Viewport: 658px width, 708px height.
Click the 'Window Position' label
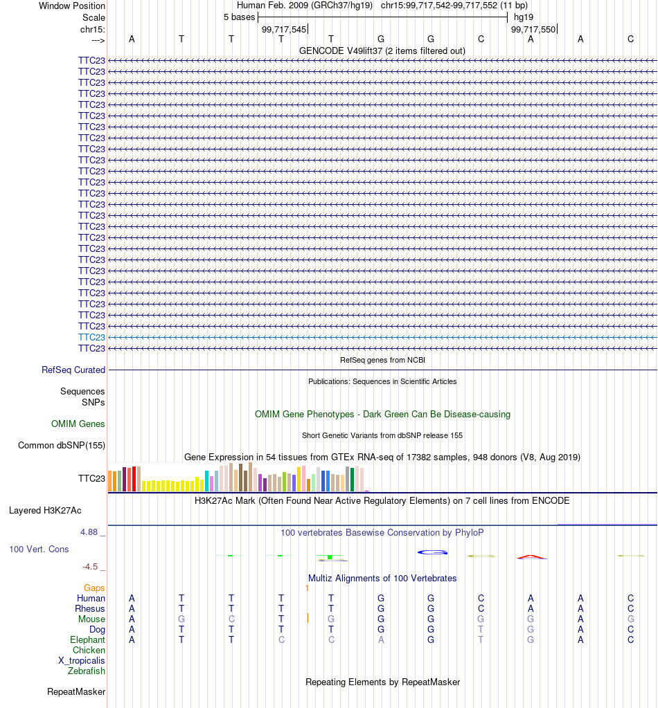click(x=72, y=6)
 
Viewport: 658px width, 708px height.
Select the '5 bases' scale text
click(x=239, y=17)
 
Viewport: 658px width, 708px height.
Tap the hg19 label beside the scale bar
click(x=524, y=17)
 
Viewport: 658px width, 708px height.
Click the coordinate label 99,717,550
click(x=533, y=29)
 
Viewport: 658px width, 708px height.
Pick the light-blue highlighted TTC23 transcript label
click(x=91, y=337)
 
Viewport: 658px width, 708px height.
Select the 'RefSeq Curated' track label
click(x=73, y=370)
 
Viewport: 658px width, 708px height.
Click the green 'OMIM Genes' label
click(x=78, y=424)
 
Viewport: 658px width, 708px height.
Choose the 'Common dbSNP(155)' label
click(x=62, y=445)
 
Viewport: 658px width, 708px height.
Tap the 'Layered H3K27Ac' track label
click(x=45, y=510)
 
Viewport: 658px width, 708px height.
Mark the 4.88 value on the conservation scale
click(x=89, y=532)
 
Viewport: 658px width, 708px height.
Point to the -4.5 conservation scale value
click(x=90, y=567)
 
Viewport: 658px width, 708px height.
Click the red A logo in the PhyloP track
click(x=531, y=556)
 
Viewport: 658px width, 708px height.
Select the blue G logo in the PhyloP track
click(x=432, y=552)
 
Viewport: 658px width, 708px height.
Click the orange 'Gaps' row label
click(x=94, y=588)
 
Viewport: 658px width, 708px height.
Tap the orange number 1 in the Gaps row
click(x=307, y=588)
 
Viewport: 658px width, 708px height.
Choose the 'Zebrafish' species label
click(x=87, y=671)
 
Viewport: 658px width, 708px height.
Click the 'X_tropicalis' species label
click(x=81, y=660)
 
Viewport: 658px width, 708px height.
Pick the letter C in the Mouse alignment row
click(x=231, y=619)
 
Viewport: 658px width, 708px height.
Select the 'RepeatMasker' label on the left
click(x=76, y=692)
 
